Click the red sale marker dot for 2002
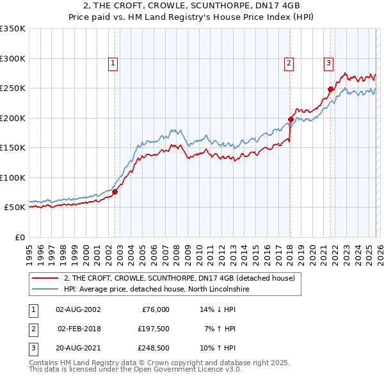tap(115, 192)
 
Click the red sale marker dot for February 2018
tap(291, 119)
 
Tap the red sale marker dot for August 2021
tap(331, 89)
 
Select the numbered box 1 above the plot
tap(113, 63)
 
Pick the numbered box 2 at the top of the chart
tap(289, 63)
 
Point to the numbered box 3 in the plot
tap(328, 63)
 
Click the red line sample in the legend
tap(45, 278)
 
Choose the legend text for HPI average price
tap(156, 289)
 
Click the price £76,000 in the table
tap(154, 309)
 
